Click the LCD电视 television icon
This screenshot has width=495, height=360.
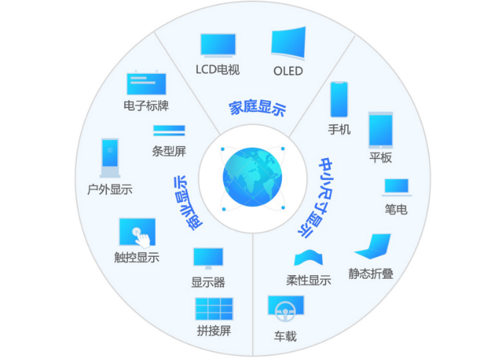point(217,45)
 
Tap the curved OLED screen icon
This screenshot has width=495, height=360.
point(289,43)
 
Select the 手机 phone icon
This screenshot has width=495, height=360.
point(339,100)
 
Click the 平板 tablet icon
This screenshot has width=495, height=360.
point(381,130)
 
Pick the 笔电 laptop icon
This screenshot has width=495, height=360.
point(396,187)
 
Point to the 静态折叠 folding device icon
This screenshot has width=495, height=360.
point(373,246)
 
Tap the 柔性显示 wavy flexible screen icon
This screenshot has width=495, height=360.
point(308,258)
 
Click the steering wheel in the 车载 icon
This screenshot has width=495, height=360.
point(285,311)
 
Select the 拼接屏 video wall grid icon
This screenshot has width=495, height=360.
point(214,309)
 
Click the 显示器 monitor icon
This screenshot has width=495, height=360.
point(209,258)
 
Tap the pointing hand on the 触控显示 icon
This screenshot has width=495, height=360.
point(141,239)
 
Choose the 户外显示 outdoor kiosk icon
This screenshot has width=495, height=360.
point(110,158)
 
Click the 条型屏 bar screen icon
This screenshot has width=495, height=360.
point(169,130)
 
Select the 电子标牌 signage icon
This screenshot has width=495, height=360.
point(146,83)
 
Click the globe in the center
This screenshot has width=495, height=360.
point(252,177)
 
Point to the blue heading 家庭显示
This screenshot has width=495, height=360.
point(257,108)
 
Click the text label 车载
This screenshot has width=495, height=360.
point(285,337)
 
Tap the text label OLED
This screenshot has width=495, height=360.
point(288,71)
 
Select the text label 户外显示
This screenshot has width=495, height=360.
point(110,190)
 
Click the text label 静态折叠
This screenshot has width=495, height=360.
point(371,274)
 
